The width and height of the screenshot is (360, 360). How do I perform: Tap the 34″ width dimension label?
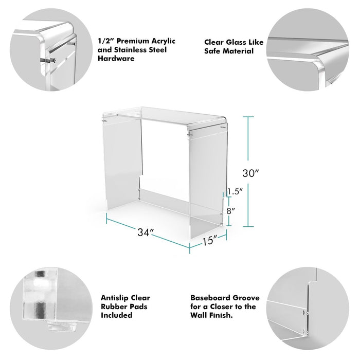click(146, 232)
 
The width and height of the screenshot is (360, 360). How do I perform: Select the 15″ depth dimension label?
click(209, 241)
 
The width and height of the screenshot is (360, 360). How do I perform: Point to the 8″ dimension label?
click(231, 211)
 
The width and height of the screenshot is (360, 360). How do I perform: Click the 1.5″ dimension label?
click(235, 191)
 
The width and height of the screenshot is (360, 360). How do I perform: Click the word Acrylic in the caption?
click(163, 41)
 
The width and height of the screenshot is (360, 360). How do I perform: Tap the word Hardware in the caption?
click(116, 58)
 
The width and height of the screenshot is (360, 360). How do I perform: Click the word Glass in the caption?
click(236, 42)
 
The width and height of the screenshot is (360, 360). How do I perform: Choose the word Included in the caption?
click(117, 315)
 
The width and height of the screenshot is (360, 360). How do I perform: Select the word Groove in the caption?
click(246, 298)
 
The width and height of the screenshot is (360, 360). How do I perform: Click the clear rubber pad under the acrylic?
click(62, 327)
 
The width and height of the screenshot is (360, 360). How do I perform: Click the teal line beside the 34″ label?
click(148, 233)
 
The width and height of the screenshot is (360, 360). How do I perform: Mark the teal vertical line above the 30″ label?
click(248, 138)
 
